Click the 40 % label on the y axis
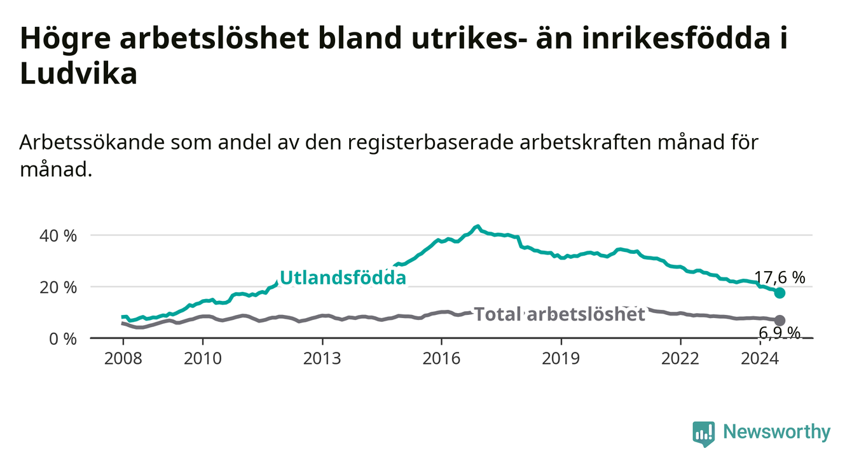pos(58,236)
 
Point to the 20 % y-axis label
pos(58,288)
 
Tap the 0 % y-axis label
pos(63,338)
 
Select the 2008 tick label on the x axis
pos(123,359)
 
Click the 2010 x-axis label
pos(202,359)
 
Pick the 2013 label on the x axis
pos(322,359)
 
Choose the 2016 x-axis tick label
pos(441,359)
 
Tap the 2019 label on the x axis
pos(561,359)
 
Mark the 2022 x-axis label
pos(680,359)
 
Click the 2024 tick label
pos(760,359)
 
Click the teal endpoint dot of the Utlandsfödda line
pos(780,293)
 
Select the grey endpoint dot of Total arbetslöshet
pos(780,320)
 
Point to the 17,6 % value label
pos(780,277)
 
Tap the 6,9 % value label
pos(780,333)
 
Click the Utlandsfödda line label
pos(343,278)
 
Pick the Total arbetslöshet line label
pos(560,314)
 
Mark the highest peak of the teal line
pos(478,226)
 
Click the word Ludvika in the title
pos(78,73)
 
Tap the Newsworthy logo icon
pos(704,434)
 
